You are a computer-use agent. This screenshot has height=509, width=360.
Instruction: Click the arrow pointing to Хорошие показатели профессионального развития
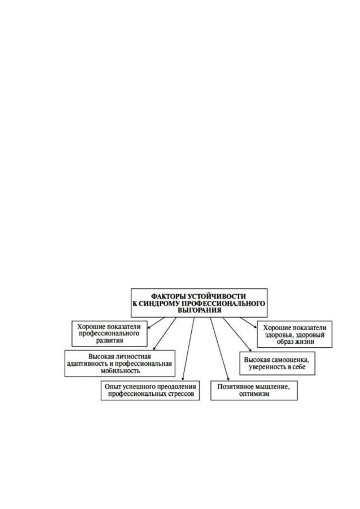[156, 323]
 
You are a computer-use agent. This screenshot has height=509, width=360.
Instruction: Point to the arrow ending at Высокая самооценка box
[237, 335]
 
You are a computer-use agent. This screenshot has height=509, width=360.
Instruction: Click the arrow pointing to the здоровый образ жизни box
[249, 323]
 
